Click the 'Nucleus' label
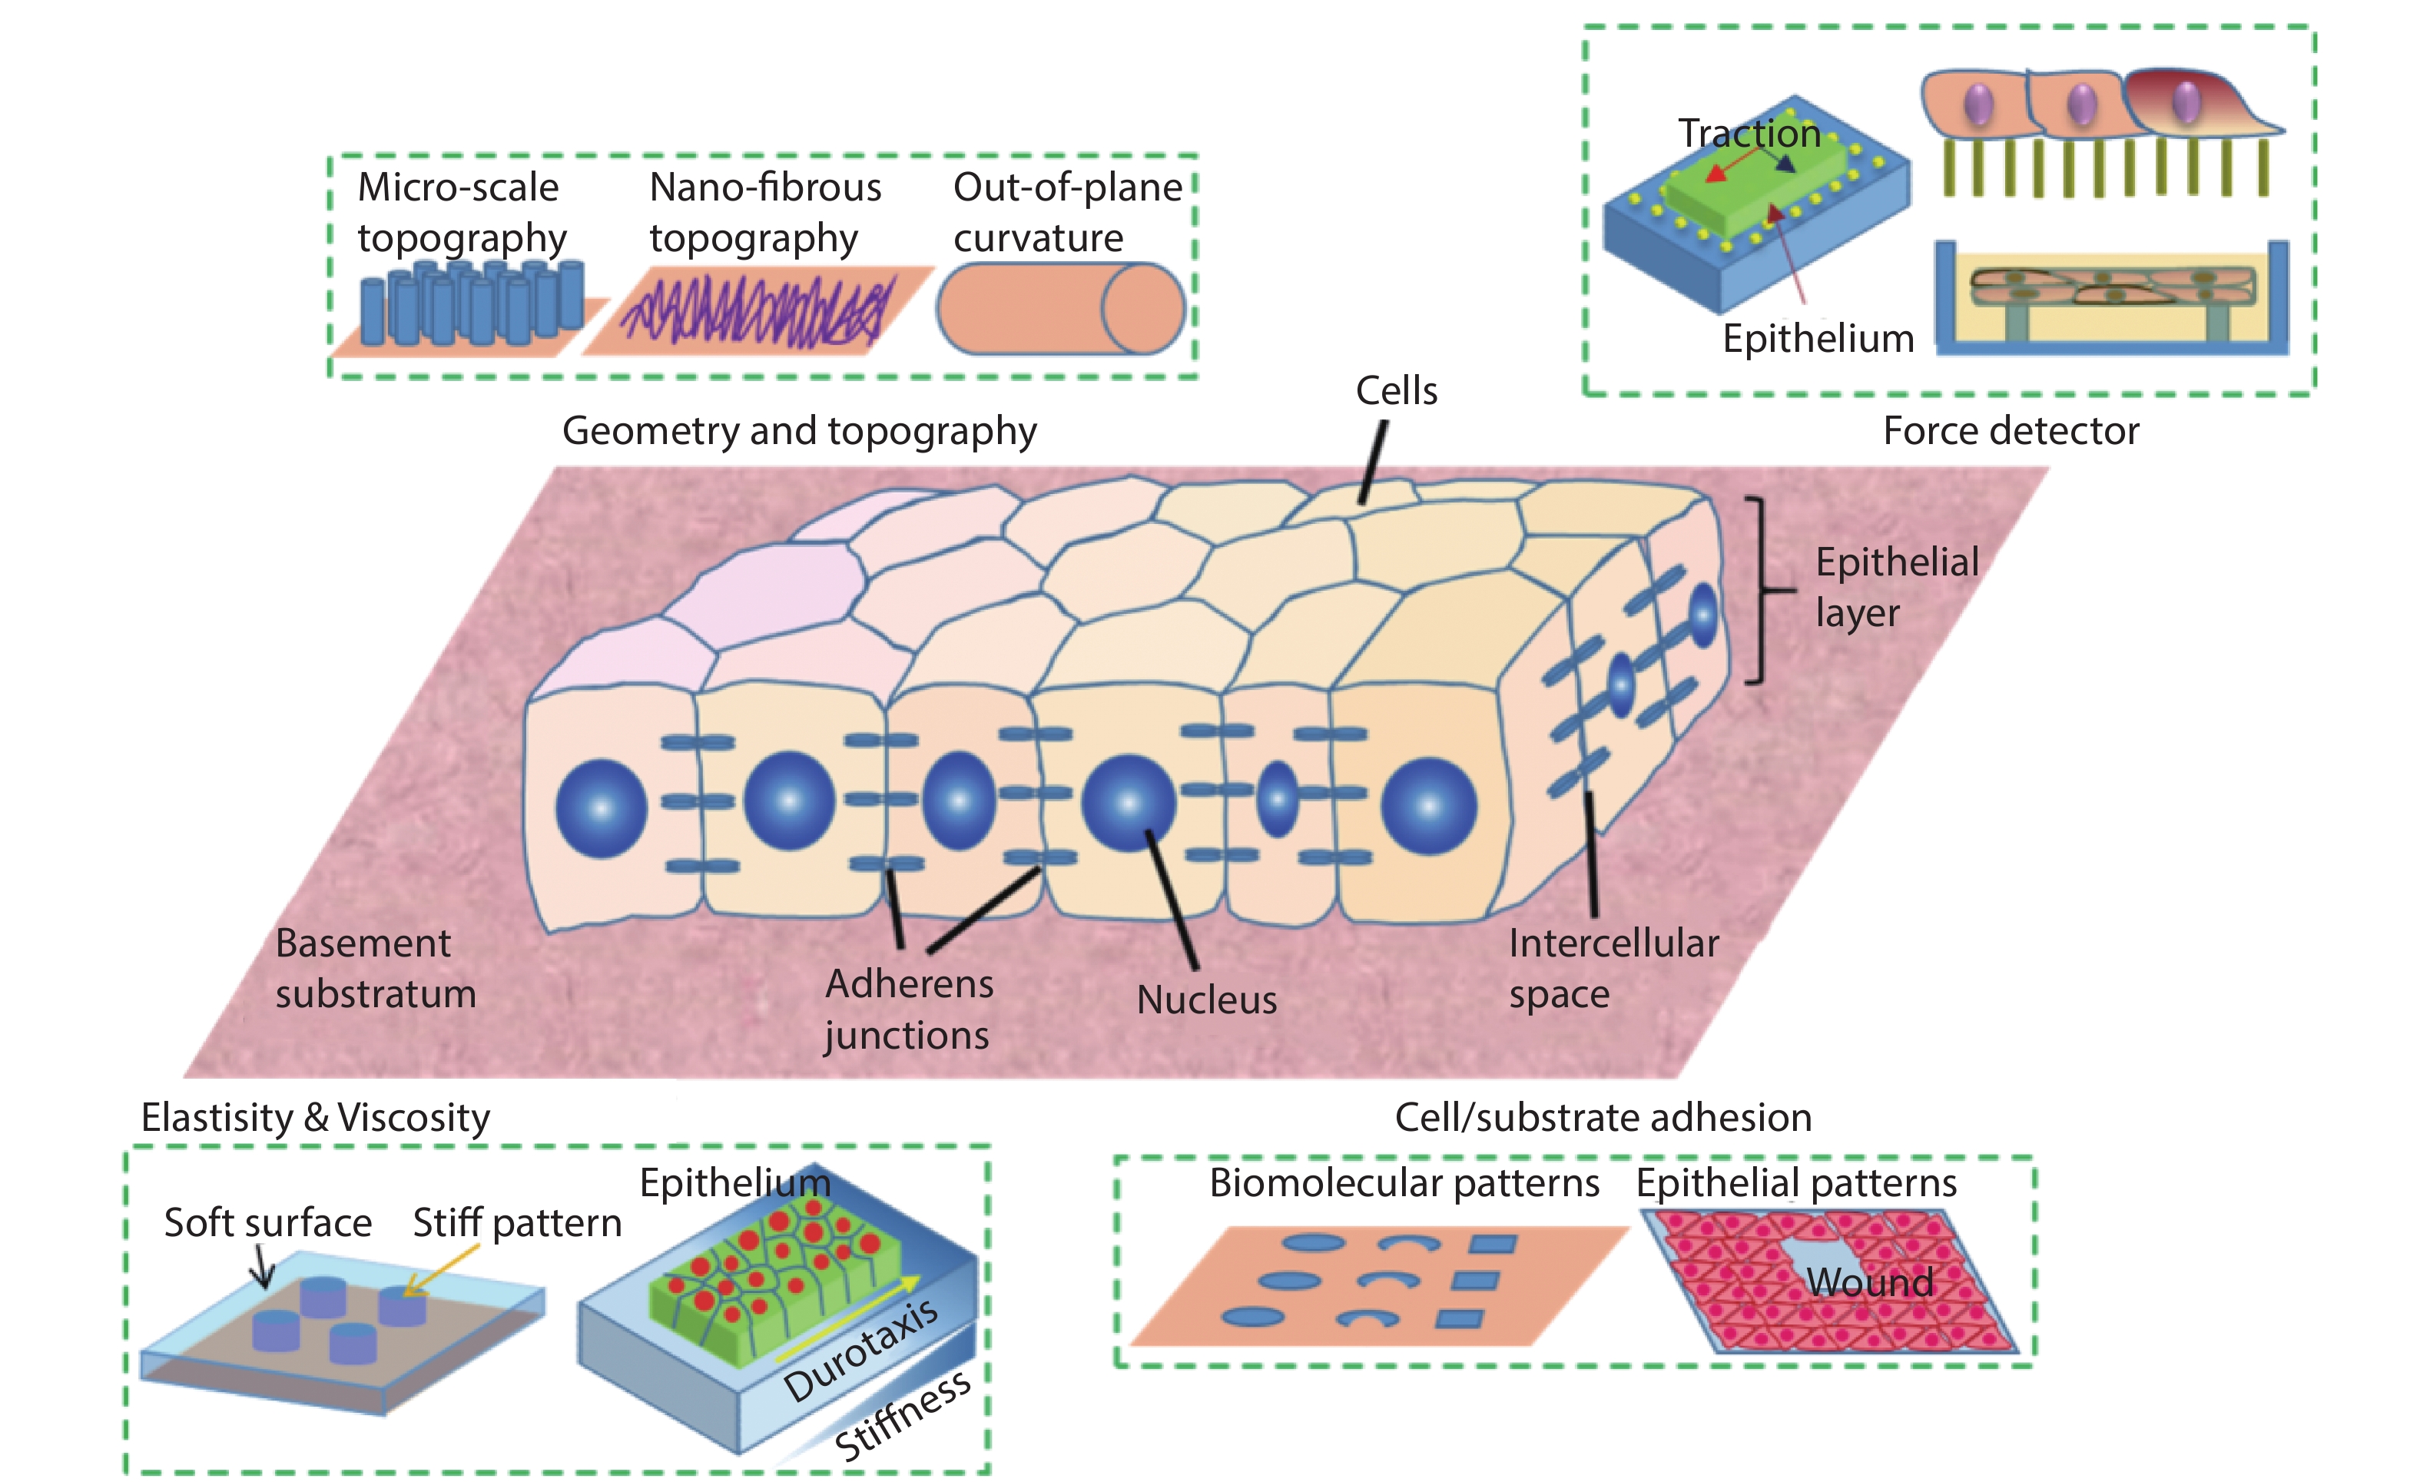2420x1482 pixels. click(x=1206, y=1000)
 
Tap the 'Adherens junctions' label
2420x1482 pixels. click(x=909, y=1009)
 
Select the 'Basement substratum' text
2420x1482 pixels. click(x=375, y=968)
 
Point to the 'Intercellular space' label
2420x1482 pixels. click(x=1613, y=968)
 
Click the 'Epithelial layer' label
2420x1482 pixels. click(x=1895, y=587)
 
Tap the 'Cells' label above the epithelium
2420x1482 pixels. click(x=1396, y=391)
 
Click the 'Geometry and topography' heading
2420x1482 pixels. click(x=798, y=431)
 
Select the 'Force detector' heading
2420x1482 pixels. click(x=2011, y=431)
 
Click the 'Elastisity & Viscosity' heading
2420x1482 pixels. click(x=315, y=1118)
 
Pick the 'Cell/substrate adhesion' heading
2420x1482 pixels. click(x=1603, y=1118)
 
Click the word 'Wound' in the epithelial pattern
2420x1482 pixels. click(x=1869, y=1282)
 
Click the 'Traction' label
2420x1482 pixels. click(x=1749, y=134)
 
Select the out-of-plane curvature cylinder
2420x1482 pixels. click(x=1061, y=308)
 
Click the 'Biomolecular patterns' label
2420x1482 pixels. click(x=1404, y=1183)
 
